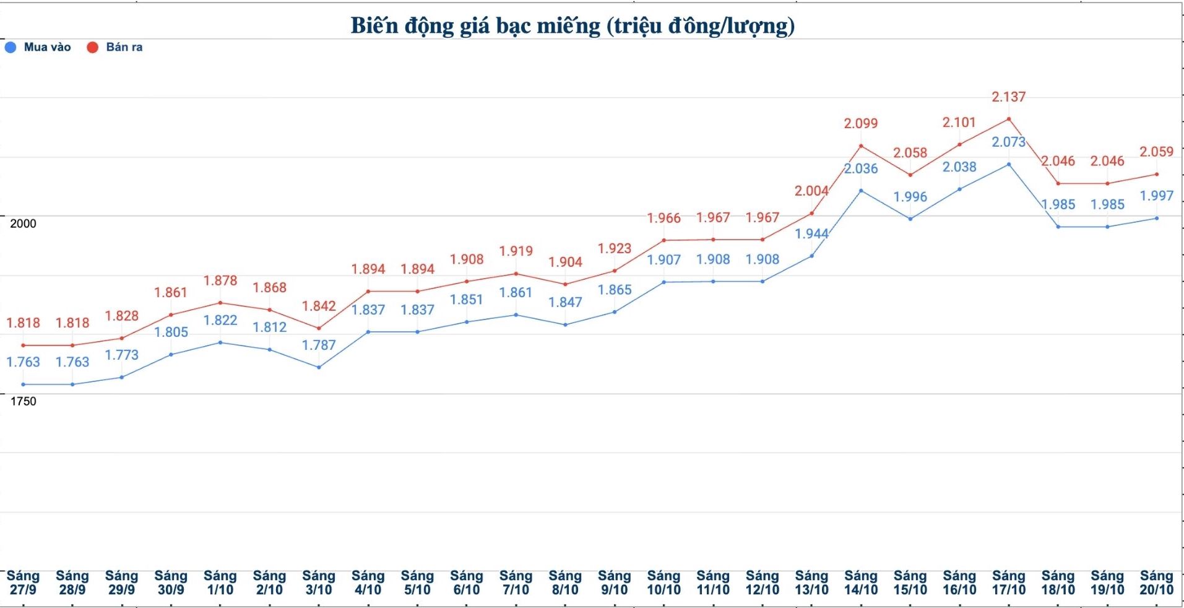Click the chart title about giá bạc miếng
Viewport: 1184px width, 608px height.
point(573,26)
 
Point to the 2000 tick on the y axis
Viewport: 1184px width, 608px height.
point(24,224)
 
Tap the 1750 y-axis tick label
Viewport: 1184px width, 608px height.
point(24,401)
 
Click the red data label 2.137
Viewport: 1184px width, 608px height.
point(1008,97)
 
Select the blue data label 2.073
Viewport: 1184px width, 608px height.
point(1008,142)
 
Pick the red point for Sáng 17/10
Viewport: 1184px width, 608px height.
point(1009,119)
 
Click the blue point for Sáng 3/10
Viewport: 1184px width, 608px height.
point(319,367)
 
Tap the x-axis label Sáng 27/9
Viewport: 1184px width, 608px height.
point(23,583)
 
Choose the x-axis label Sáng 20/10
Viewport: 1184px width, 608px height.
point(1156,583)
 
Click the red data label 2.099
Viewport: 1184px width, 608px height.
point(860,124)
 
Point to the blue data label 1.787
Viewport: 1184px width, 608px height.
point(319,345)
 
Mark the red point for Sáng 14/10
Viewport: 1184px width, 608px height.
point(861,146)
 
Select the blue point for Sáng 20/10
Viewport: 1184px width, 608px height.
point(1156,218)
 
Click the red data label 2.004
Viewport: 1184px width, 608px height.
point(811,191)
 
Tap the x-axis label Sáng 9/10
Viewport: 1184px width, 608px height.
point(614,583)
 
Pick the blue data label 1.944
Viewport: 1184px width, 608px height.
point(811,234)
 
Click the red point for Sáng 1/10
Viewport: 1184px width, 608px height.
point(220,303)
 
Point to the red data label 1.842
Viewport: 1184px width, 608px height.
point(319,306)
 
